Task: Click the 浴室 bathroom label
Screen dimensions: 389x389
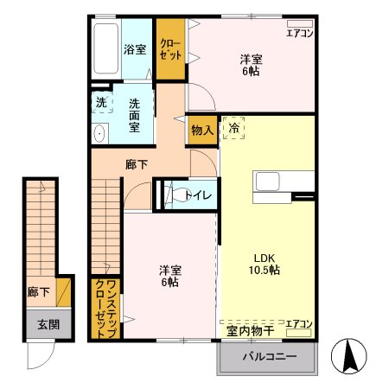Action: [x=134, y=49]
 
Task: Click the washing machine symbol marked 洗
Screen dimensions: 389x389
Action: [x=101, y=102]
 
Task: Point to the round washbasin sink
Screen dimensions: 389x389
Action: [x=99, y=133]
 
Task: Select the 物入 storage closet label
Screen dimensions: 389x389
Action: [x=201, y=131]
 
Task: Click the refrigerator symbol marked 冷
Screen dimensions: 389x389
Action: [x=233, y=128]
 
